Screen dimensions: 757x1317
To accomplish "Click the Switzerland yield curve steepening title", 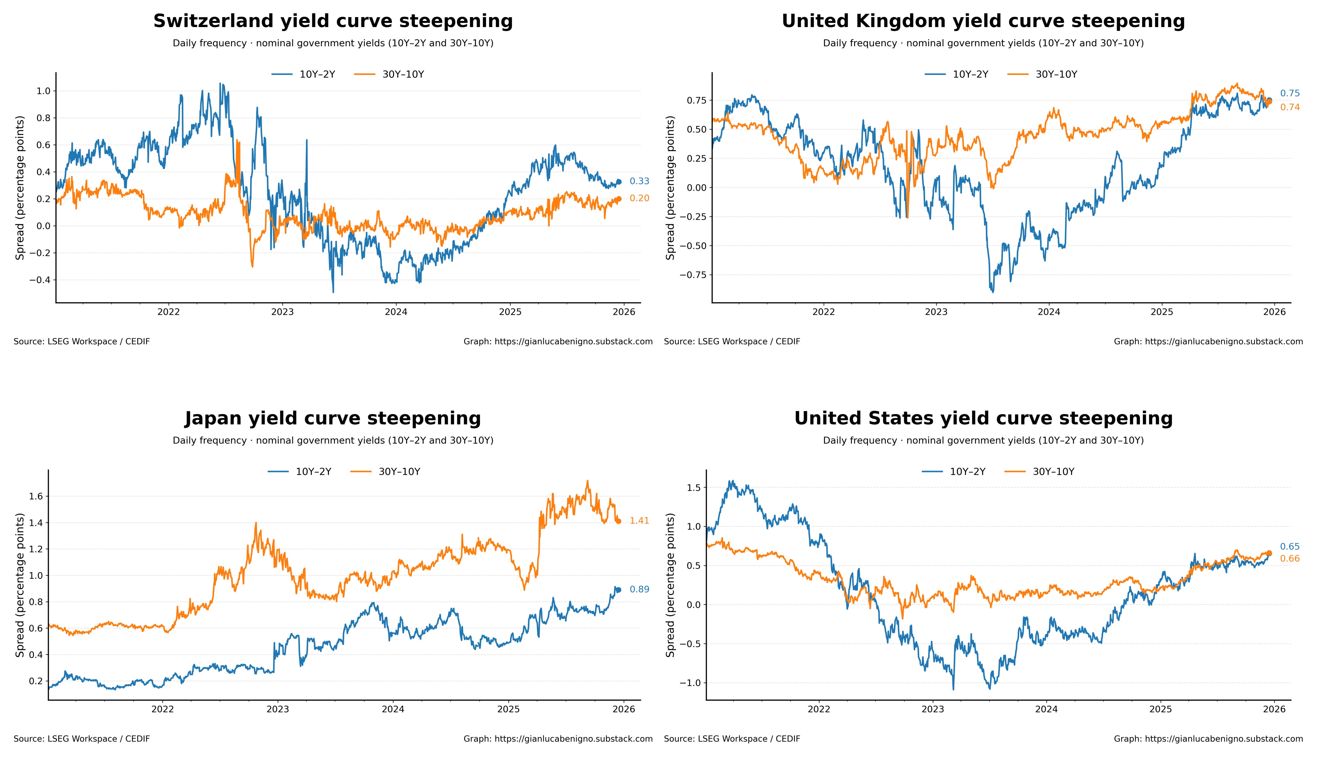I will click(x=333, y=21).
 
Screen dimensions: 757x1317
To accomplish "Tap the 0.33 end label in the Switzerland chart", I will click(x=639, y=181).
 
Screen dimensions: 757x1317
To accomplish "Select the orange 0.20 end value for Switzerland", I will click(x=639, y=199).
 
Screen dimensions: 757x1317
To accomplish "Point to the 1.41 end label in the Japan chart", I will click(x=639, y=521).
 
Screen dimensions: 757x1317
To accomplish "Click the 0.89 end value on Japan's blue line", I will click(x=639, y=590).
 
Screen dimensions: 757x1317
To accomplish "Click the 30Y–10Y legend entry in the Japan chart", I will click(x=399, y=472).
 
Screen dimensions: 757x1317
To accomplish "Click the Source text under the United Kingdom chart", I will click(x=732, y=342).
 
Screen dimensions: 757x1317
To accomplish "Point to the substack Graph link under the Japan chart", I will click(x=558, y=739).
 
